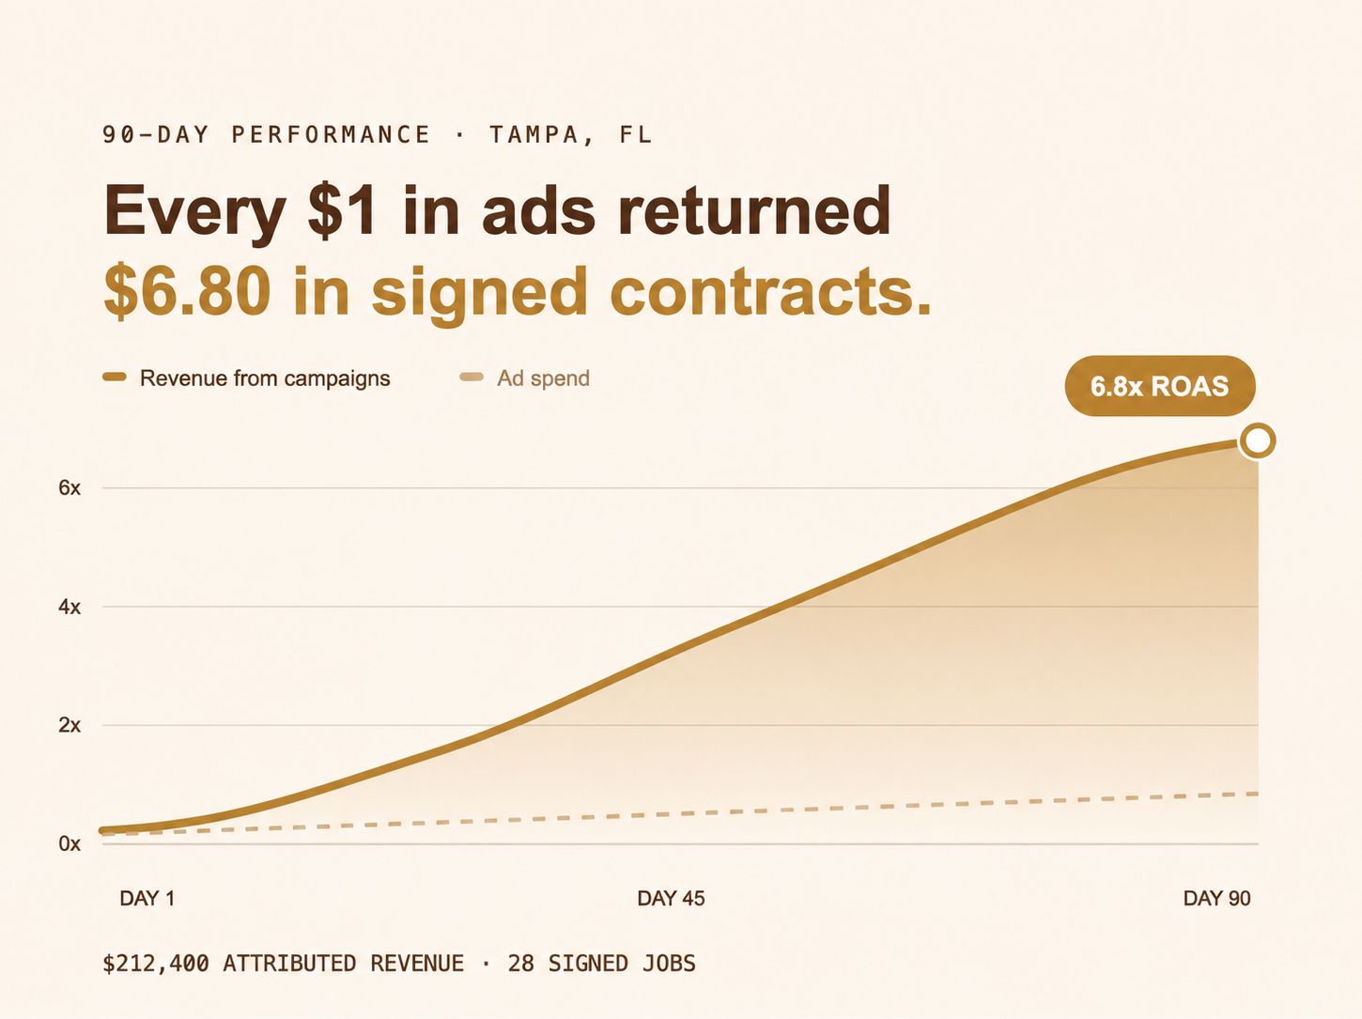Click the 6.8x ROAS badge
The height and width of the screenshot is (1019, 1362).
(x=1160, y=386)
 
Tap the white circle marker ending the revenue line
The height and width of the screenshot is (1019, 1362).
(x=1257, y=441)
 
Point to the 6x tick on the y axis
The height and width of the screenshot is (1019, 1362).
(x=70, y=488)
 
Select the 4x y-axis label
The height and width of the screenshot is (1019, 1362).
(x=70, y=607)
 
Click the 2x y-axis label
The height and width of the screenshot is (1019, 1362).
(x=70, y=725)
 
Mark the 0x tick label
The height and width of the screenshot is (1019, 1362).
(x=70, y=843)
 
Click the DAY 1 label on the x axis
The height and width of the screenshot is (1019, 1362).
(x=147, y=898)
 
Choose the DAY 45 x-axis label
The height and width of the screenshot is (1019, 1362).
(x=671, y=898)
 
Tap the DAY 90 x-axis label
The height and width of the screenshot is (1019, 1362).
(x=1216, y=898)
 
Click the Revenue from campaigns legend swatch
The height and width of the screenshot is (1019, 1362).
(x=115, y=378)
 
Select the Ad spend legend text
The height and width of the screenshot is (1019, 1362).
(x=543, y=378)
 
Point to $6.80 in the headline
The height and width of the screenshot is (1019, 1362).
(x=187, y=291)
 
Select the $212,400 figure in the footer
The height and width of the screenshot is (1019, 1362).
(x=156, y=964)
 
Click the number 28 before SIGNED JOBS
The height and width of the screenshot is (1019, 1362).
(x=520, y=964)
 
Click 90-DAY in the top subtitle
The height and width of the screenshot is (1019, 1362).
(x=156, y=134)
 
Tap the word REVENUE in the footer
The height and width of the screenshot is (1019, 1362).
(x=417, y=964)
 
